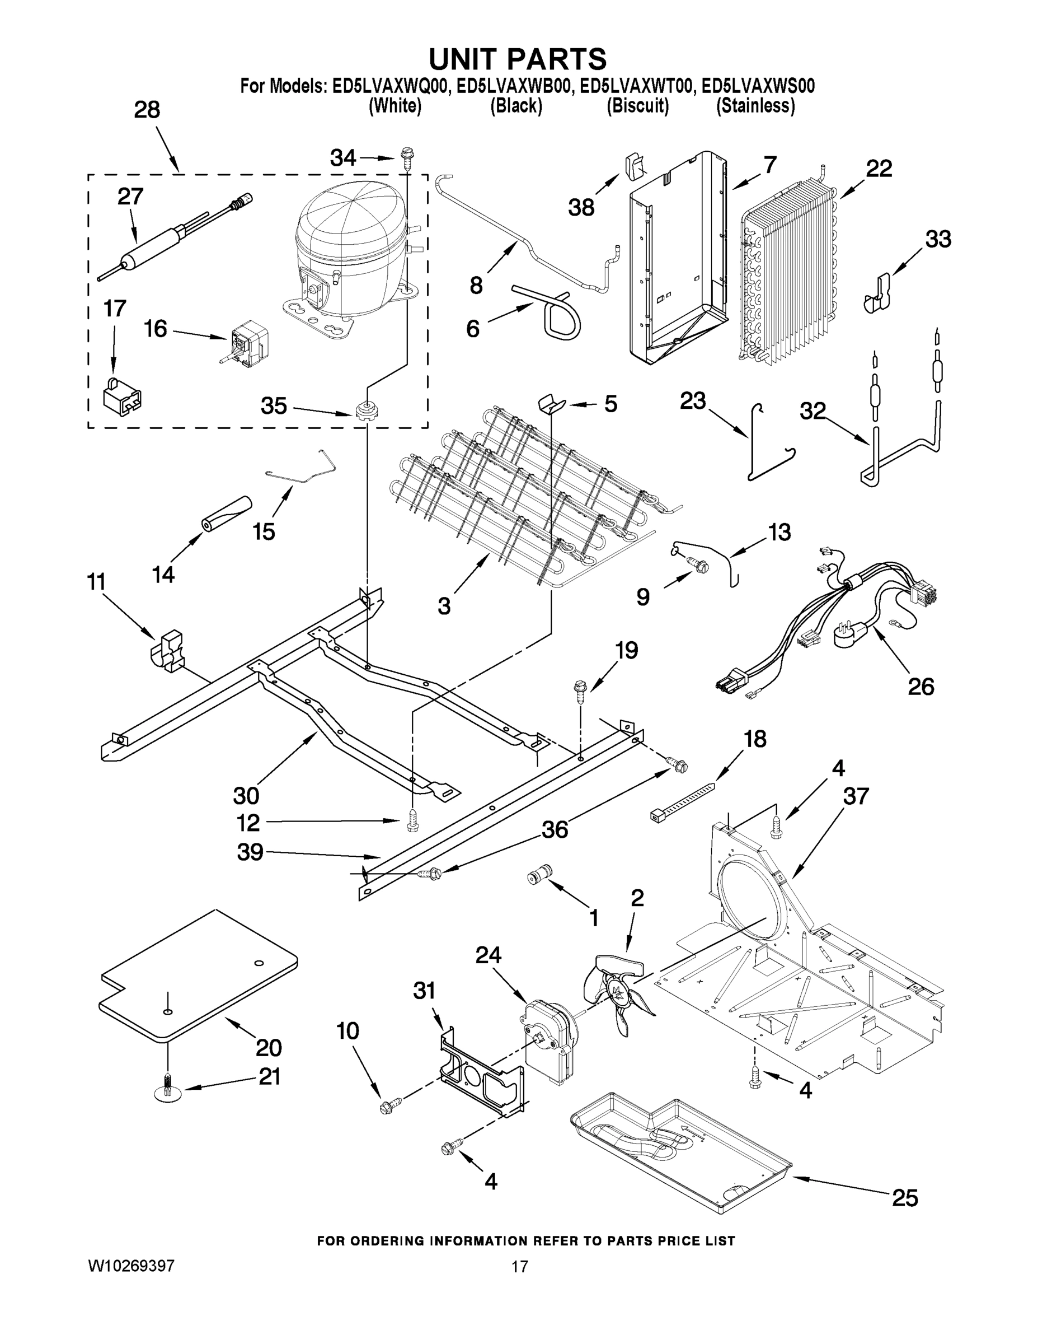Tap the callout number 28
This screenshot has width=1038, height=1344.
(147, 110)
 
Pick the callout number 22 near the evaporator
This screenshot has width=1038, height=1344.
(878, 168)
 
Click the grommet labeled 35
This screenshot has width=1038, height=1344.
(367, 410)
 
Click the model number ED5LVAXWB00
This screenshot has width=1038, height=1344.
(515, 86)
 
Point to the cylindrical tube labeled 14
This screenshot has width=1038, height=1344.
(227, 512)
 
